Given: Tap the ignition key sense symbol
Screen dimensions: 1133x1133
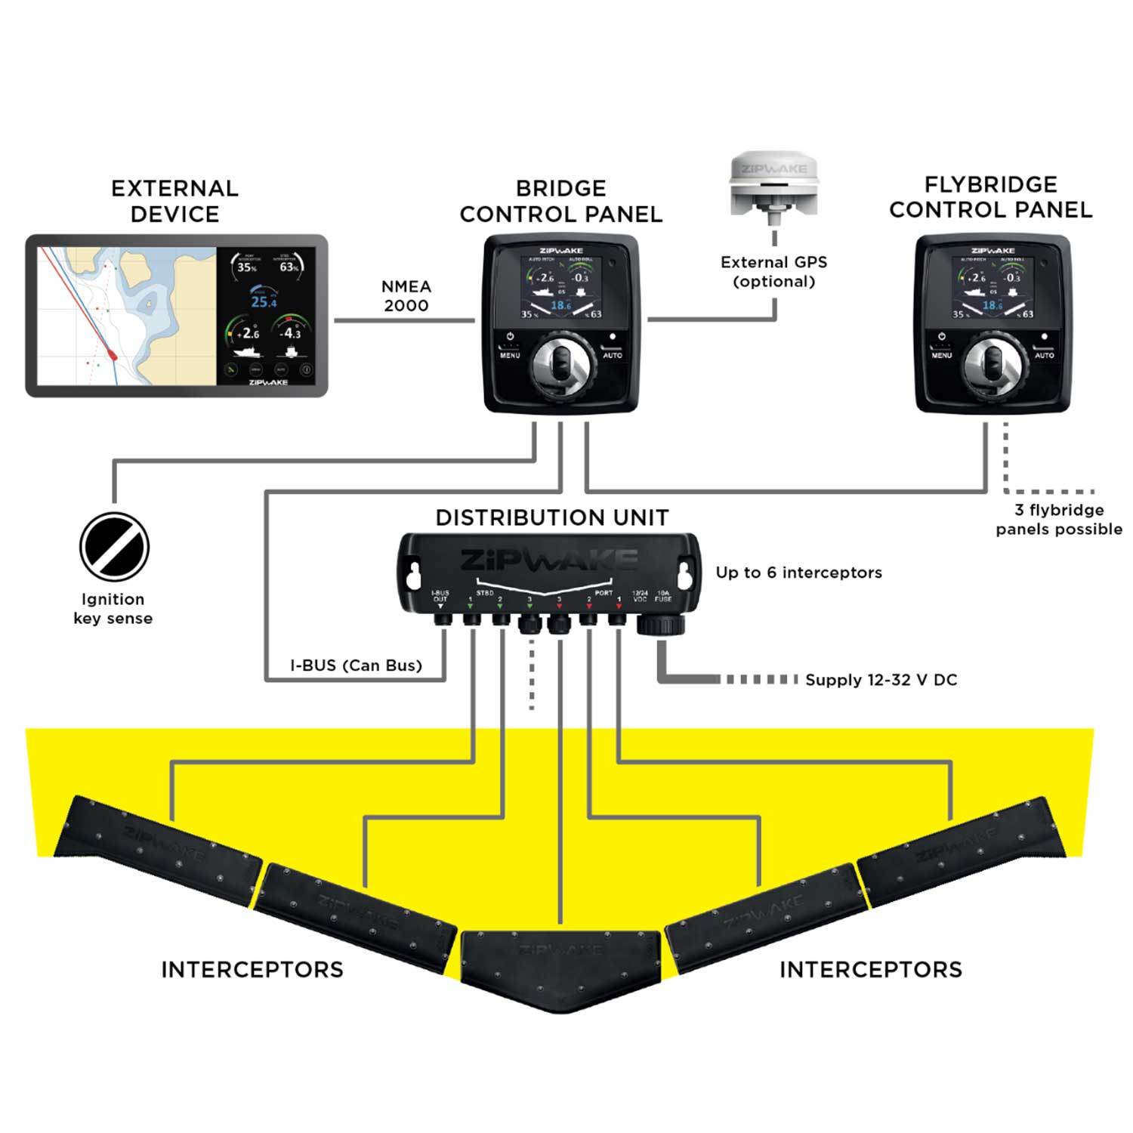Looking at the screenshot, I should (x=114, y=547).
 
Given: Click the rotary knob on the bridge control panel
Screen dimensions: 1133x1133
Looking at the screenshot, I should (x=560, y=370).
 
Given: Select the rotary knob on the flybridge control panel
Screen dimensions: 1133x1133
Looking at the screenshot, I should (x=993, y=370).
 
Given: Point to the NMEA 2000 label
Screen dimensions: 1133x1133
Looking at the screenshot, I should (x=406, y=296).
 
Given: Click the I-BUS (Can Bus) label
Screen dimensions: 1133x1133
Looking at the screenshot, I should (x=356, y=665).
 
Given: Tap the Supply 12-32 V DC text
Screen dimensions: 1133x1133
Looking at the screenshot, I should (x=881, y=680).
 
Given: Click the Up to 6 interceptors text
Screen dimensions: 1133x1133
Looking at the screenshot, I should (x=798, y=573).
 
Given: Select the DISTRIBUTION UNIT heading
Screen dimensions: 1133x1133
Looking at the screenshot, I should (x=552, y=517).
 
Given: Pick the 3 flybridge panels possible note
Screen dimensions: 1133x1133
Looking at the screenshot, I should (x=1058, y=520).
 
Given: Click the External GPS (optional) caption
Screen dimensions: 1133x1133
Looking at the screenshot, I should (x=773, y=272).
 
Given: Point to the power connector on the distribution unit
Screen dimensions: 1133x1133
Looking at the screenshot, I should (x=661, y=624).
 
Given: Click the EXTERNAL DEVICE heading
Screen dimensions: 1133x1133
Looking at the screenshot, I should (x=174, y=201).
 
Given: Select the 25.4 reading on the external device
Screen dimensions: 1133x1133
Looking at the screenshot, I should (x=264, y=302).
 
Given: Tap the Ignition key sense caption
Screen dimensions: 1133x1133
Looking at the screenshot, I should (x=113, y=609).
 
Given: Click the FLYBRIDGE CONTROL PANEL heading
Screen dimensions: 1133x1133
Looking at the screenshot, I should (x=990, y=197).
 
